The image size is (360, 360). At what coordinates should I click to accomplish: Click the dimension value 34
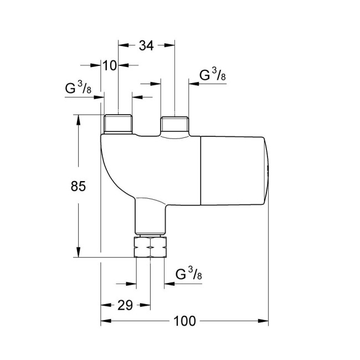(146, 46)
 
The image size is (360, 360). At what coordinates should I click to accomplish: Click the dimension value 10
(110, 65)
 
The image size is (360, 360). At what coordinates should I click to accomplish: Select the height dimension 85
(79, 187)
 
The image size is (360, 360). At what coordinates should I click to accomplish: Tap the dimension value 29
(125, 305)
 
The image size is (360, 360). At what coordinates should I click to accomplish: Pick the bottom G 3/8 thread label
(188, 274)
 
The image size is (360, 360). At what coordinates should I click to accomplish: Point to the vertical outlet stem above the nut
(151, 219)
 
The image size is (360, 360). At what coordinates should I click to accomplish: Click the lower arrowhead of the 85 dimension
(79, 253)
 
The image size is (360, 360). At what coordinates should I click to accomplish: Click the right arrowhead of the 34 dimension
(171, 46)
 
